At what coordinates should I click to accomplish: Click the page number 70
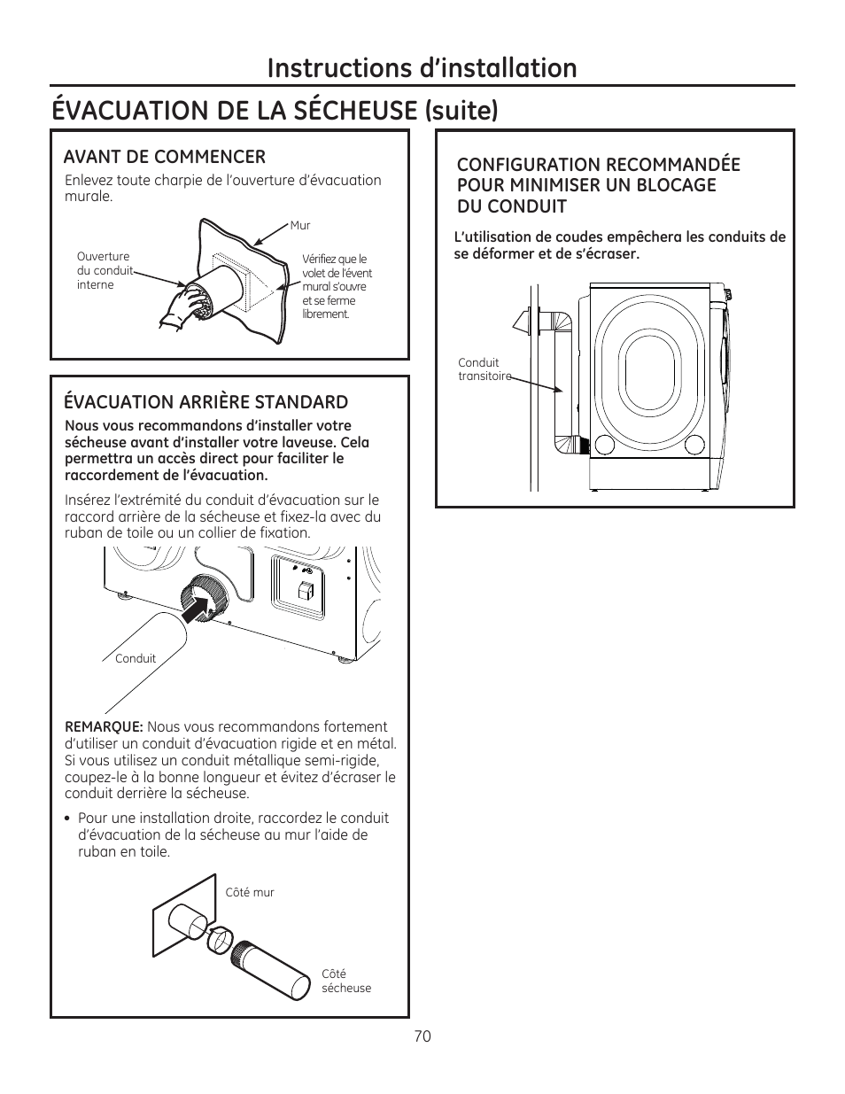pyautogui.click(x=422, y=1036)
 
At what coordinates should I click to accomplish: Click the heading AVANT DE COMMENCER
pyautogui.click(x=164, y=157)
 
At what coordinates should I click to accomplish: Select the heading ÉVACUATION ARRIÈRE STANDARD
pyautogui.click(x=205, y=402)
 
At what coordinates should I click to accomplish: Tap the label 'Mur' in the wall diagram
pyautogui.click(x=300, y=226)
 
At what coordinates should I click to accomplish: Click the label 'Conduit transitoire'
pyautogui.click(x=484, y=369)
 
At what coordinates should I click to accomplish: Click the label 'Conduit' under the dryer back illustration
pyautogui.click(x=136, y=658)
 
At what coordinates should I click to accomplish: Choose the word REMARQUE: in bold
pyautogui.click(x=104, y=726)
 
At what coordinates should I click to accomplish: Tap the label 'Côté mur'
pyautogui.click(x=250, y=892)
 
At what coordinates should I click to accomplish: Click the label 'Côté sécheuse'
pyautogui.click(x=345, y=981)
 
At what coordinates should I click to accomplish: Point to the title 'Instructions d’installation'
pyautogui.click(x=422, y=67)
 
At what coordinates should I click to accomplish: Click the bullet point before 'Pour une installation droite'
pyautogui.click(x=67, y=819)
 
